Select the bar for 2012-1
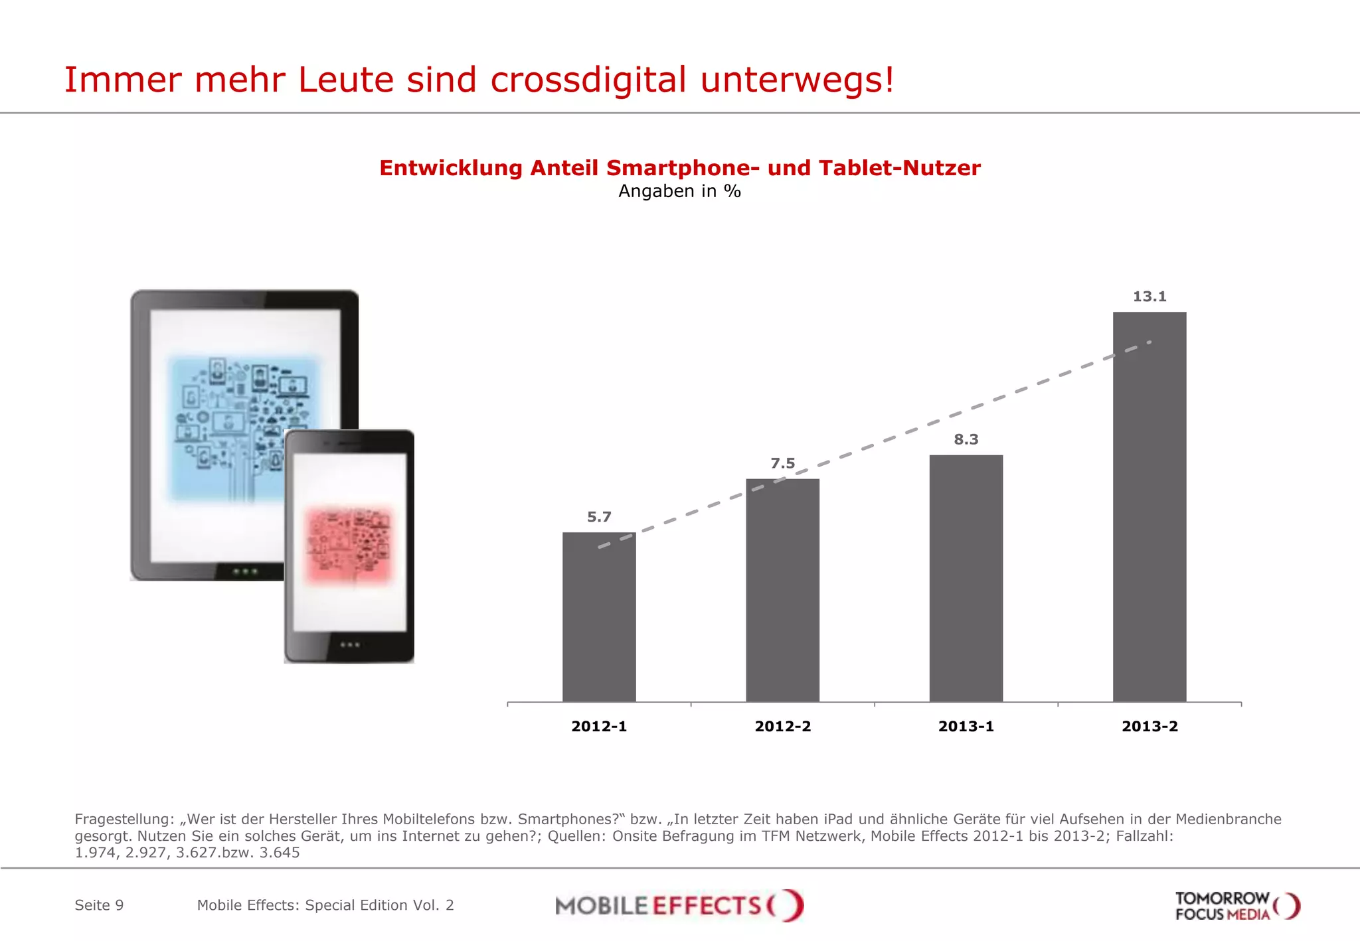point(599,617)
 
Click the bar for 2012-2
point(782,591)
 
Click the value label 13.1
point(1149,297)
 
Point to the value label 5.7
point(599,517)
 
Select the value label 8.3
point(966,439)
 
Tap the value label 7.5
point(782,463)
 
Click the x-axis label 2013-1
point(966,726)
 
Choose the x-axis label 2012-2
point(782,726)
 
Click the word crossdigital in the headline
point(588,80)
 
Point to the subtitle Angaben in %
point(679,191)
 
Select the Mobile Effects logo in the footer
point(679,905)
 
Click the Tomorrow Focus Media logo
point(1236,906)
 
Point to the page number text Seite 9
point(99,905)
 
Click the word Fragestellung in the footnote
point(124,819)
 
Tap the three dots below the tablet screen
point(245,571)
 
